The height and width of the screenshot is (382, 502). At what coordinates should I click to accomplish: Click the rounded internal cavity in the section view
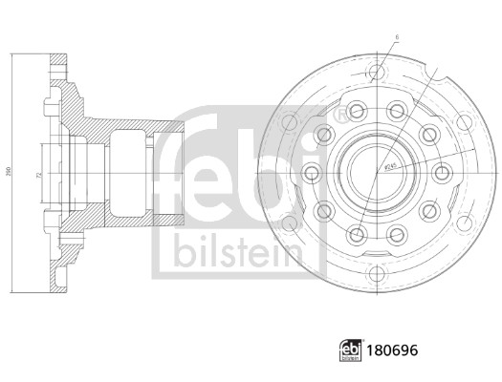coord(129,170)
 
